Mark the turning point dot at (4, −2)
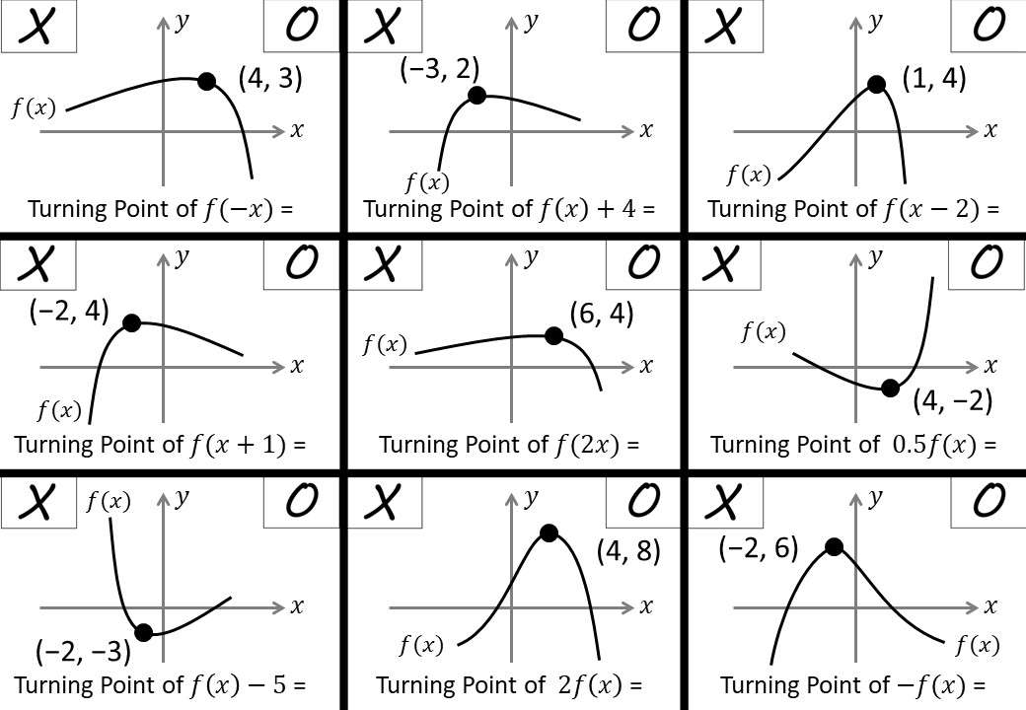pos(890,388)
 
